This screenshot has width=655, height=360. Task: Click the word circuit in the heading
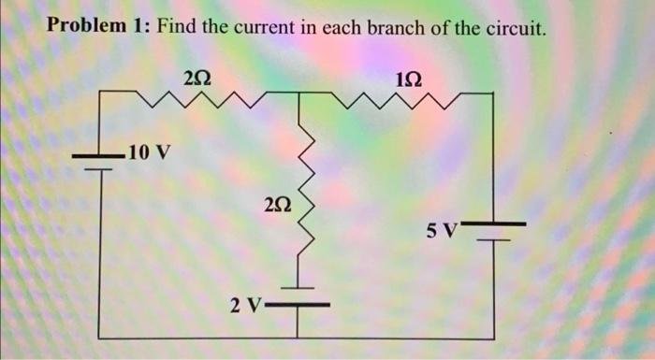click(512, 26)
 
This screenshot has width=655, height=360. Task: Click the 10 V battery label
click(150, 151)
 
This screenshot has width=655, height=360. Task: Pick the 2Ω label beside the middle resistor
click(278, 202)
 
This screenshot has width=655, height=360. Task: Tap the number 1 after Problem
click(139, 26)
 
